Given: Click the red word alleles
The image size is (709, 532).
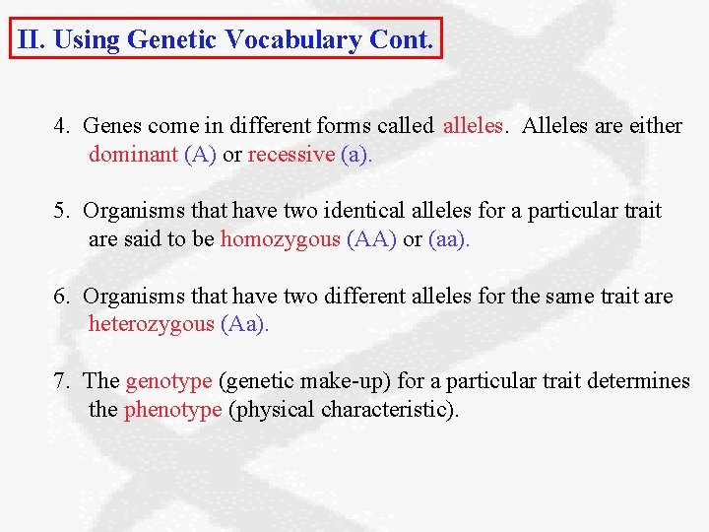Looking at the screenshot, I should [474, 126].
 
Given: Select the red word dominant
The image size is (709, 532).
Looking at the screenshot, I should [133, 155].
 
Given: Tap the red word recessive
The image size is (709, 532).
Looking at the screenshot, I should [290, 155].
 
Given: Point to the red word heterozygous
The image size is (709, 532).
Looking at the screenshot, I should [151, 324].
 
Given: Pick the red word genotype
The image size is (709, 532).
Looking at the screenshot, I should [168, 381].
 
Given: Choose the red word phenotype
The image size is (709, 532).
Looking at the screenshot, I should [172, 409].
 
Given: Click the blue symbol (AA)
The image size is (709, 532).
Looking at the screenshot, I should [372, 239].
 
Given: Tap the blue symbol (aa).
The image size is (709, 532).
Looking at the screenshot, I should [449, 239].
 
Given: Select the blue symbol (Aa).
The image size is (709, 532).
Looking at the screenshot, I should [244, 324].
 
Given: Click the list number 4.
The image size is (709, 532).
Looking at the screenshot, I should [62, 126].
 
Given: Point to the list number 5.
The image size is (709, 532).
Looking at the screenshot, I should [62, 211].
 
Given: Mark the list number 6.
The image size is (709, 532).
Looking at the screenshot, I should [62, 296].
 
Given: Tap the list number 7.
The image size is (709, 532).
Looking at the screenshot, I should [62, 381].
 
